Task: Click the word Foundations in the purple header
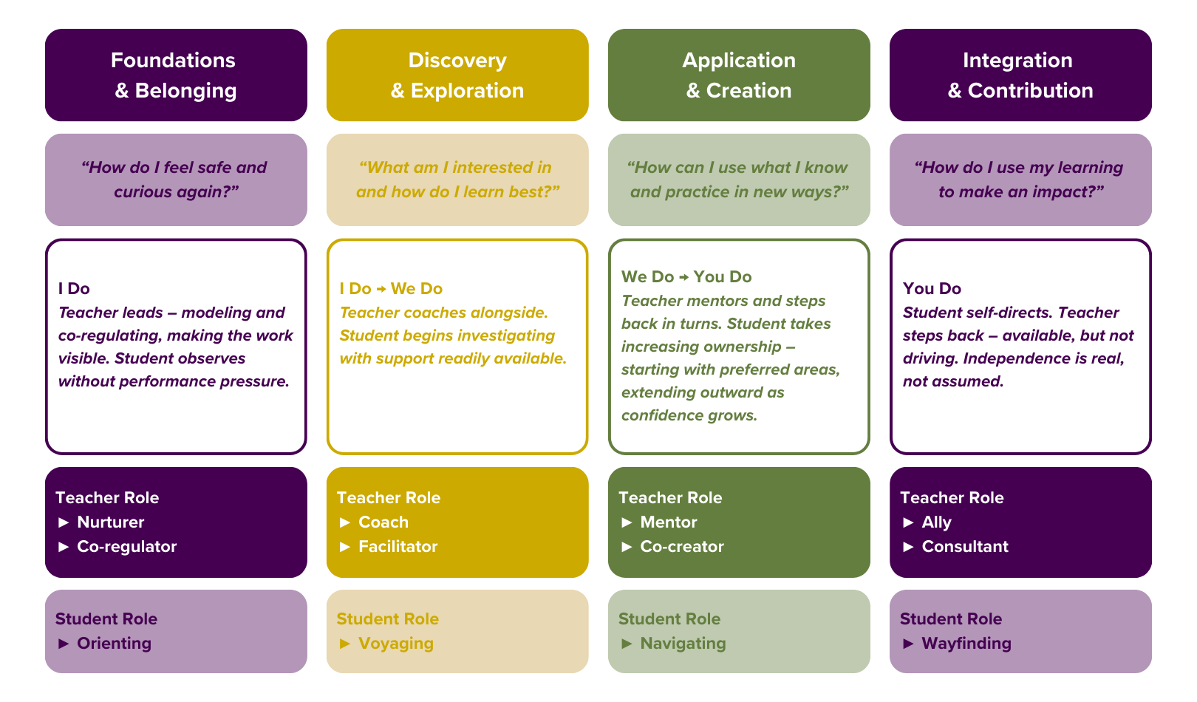pos(173,61)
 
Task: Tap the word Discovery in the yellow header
pos(457,61)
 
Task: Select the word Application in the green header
pos(739,61)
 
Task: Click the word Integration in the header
pos(1017,61)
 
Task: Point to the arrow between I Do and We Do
pos(381,289)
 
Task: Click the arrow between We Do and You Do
pos(684,277)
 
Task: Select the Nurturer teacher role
pos(111,522)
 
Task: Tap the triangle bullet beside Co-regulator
pos(64,547)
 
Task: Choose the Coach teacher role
pos(383,522)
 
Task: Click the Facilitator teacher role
pos(398,547)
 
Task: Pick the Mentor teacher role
pos(669,522)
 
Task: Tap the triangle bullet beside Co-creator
pos(627,547)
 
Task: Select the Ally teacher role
pos(936,522)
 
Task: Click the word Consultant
pos(965,547)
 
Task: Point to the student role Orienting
pos(115,644)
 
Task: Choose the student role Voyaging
pos(396,644)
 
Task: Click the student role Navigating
pos(683,644)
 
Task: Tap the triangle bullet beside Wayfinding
pos(909,644)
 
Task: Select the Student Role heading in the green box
pos(669,619)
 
